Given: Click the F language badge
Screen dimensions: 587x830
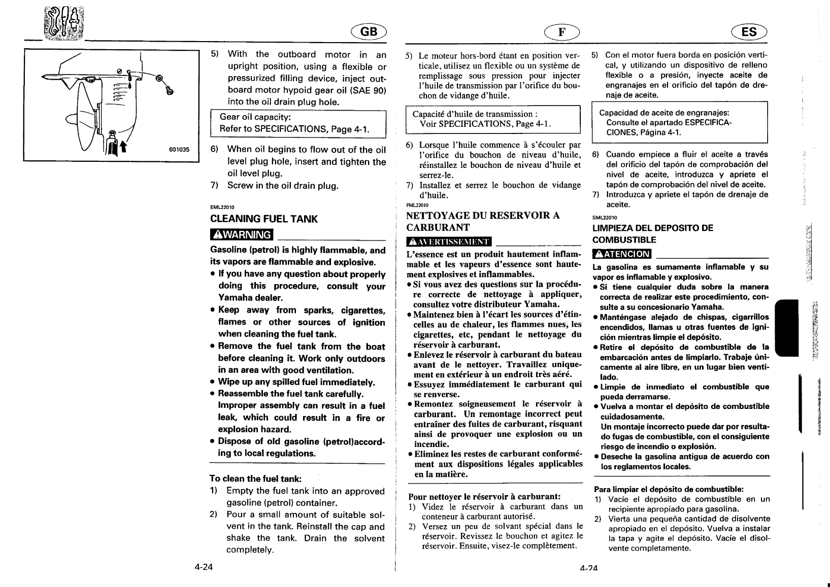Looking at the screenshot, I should [x=561, y=32].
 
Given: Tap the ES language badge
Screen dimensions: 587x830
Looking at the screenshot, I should [x=749, y=32].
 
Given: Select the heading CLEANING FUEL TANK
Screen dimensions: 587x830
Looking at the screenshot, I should [x=264, y=219].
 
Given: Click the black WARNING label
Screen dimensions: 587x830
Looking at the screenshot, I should [x=242, y=235].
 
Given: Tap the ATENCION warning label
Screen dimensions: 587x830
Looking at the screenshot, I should [x=622, y=254].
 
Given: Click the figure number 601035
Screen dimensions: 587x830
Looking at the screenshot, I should [x=179, y=150].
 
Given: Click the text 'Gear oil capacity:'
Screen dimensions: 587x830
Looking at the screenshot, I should [x=254, y=117].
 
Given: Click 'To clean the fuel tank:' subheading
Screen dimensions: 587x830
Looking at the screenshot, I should [x=256, y=478].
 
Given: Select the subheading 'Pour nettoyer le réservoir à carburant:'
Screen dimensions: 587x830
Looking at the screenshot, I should [x=484, y=496].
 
